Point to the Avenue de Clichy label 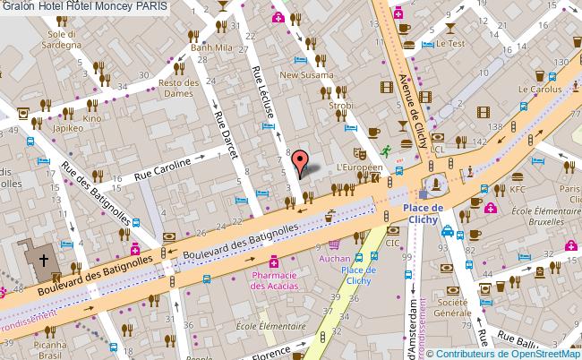point(412,99)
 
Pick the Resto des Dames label point(177,89)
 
